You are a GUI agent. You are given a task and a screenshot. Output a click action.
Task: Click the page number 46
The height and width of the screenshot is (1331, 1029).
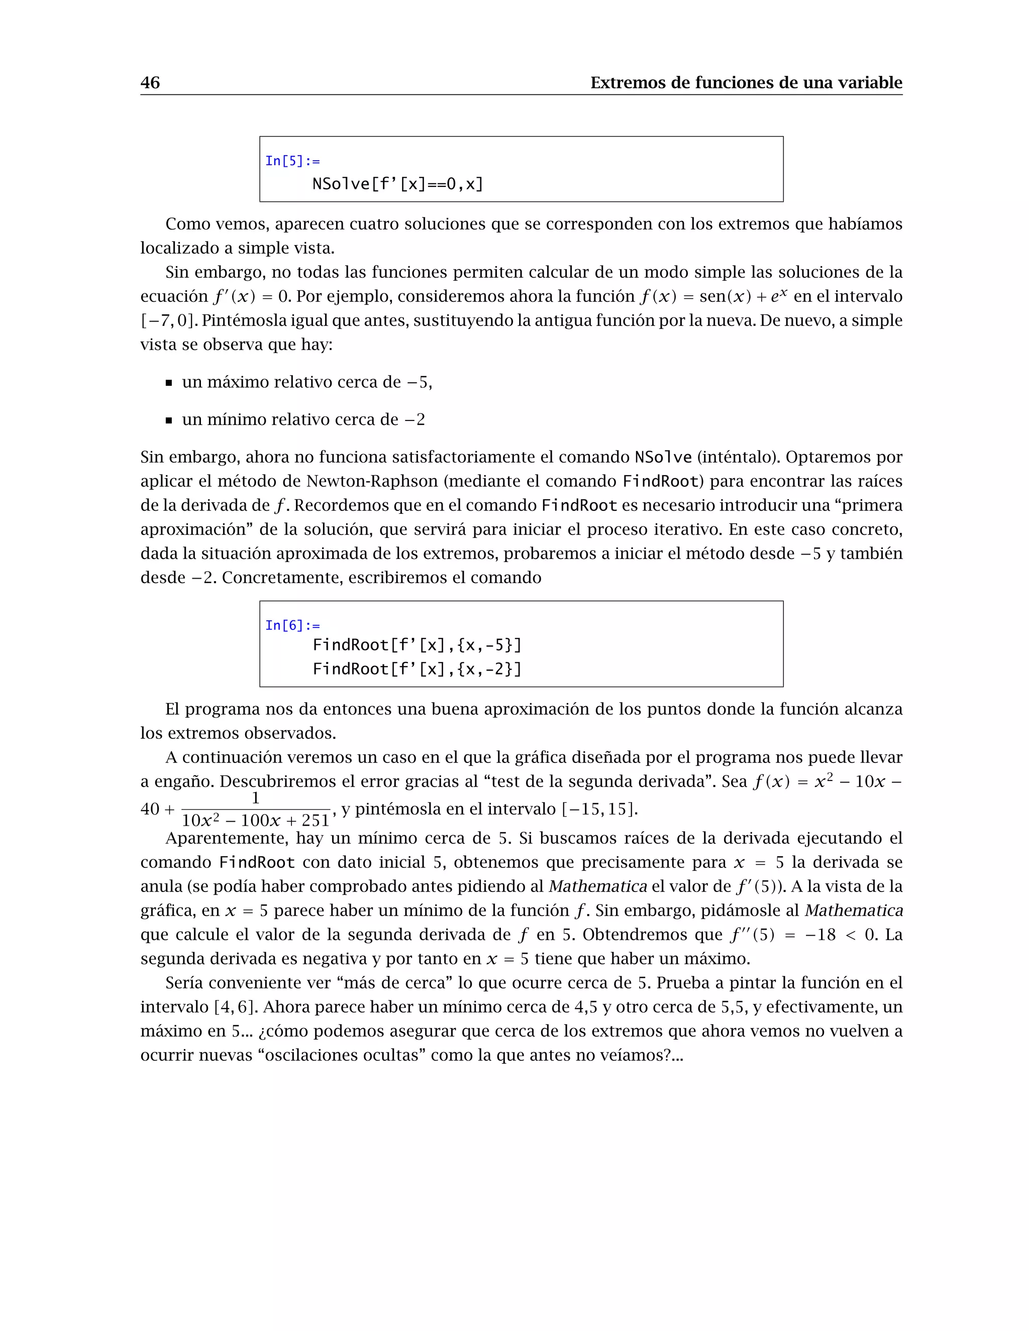(x=150, y=83)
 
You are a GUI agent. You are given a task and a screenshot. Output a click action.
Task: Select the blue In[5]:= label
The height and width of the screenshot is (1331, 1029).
(x=292, y=161)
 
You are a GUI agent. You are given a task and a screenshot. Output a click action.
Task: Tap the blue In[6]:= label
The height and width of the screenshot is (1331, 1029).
(x=292, y=625)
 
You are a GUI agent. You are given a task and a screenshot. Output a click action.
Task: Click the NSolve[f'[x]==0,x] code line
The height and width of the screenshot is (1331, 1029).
(x=397, y=184)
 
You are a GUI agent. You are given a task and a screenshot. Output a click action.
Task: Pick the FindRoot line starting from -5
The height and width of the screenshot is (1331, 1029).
(x=417, y=645)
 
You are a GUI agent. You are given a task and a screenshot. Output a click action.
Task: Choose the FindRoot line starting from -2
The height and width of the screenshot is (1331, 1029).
(x=417, y=669)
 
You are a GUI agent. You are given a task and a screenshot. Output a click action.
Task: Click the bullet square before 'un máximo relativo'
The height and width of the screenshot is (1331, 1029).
(x=169, y=383)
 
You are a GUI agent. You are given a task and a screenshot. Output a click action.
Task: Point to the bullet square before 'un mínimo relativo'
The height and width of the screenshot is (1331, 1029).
(x=169, y=420)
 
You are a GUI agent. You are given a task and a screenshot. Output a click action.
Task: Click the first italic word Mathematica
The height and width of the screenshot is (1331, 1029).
(x=597, y=886)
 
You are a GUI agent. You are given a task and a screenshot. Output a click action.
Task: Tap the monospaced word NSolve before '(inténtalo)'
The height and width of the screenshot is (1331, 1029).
(x=663, y=457)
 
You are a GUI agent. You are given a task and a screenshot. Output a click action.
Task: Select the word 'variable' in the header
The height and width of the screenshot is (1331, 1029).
(x=869, y=83)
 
